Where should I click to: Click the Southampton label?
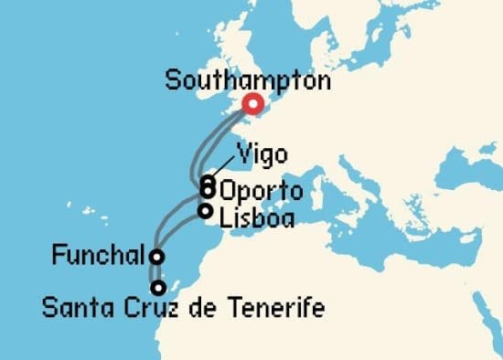[248, 80]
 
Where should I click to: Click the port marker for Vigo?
[209, 182]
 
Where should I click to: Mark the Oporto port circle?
[209, 191]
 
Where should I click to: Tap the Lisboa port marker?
[205, 211]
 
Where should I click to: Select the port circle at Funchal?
[157, 257]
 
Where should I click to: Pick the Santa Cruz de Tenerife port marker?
[159, 287]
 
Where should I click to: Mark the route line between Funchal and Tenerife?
[155, 272]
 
